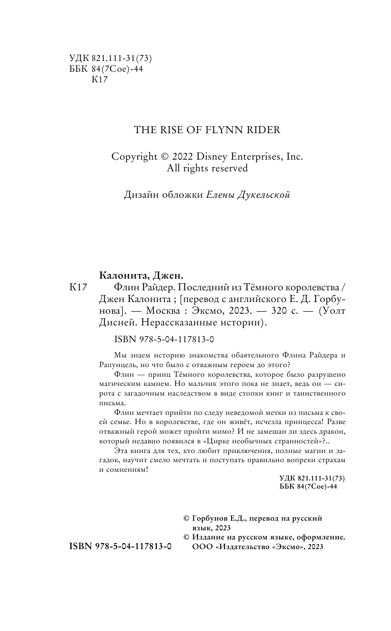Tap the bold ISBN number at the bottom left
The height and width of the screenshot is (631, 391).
tap(120, 547)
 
